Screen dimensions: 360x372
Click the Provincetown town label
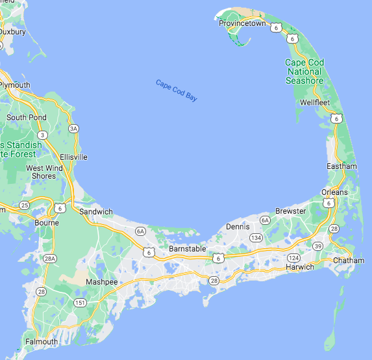coord(242,23)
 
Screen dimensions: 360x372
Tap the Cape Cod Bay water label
coord(176,90)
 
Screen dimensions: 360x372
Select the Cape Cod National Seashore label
coord(304,71)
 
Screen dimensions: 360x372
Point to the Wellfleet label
coord(316,103)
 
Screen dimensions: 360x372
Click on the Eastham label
coord(341,166)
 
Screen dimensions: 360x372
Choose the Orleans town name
coord(334,192)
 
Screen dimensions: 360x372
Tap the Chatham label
coord(349,261)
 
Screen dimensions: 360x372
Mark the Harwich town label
coord(300,267)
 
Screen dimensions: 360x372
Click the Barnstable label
coord(187,249)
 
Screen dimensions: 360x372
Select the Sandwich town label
coord(95,212)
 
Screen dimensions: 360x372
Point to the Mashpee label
coord(102,282)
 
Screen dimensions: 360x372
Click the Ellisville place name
coord(73,157)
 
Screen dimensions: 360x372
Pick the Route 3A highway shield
coord(74,129)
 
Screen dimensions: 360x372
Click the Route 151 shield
coord(80,303)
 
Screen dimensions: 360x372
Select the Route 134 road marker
coord(256,238)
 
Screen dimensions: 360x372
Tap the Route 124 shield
coord(293,258)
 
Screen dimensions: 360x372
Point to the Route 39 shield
coord(317,246)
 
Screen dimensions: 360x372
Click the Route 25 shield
coord(25,205)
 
